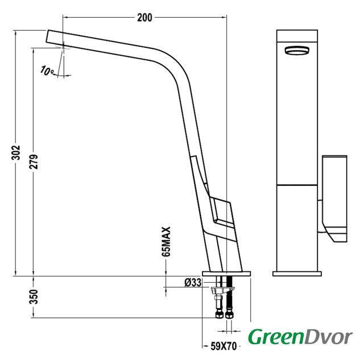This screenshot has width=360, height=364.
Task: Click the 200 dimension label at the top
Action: (x=144, y=18)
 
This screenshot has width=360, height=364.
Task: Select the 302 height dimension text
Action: (x=16, y=153)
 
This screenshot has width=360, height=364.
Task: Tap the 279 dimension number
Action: (x=34, y=162)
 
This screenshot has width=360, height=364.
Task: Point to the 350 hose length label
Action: (x=34, y=297)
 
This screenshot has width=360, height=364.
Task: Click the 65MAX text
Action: (x=166, y=242)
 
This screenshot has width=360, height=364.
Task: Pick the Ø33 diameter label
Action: (x=193, y=283)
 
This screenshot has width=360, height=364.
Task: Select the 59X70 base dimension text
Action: (x=224, y=346)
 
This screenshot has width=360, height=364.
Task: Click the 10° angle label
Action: (x=47, y=71)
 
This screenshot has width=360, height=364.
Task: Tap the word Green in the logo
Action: (x=276, y=337)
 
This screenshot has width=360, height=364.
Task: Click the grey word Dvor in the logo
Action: (x=328, y=337)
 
